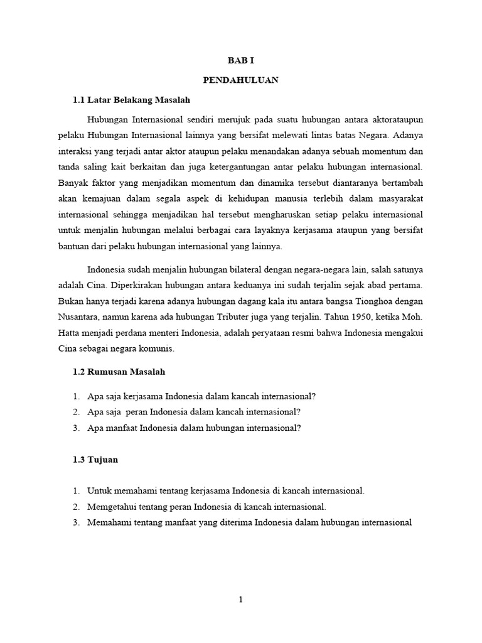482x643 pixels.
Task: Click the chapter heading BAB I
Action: (x=241, y=61)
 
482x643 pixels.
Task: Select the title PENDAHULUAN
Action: (x=241, y=80)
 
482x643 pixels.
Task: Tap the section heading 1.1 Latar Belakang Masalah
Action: (x=132, y=100)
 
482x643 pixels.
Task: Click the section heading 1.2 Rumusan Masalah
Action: (x=119, y=372)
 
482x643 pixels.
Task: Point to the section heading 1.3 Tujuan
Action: (x=95, y=460)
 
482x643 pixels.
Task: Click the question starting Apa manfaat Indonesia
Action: (x=195, y=428)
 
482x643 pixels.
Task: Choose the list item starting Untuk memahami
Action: (x=226, y=490)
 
